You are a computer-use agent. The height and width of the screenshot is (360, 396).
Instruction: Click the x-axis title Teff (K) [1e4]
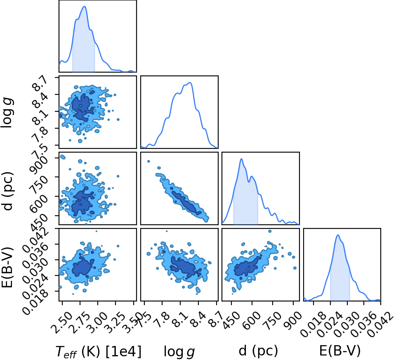tap(98, 351)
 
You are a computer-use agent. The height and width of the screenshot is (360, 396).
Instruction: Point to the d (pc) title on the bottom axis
tap(258, 351)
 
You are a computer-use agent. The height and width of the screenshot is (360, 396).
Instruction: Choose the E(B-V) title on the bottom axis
tap(339, 351)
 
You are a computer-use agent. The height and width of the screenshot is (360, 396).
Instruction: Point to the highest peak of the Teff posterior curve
tap(85, 7)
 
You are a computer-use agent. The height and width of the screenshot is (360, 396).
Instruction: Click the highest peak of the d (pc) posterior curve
tap(241, 159)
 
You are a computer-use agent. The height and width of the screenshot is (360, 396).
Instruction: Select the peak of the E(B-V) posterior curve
tap(338, 235)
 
